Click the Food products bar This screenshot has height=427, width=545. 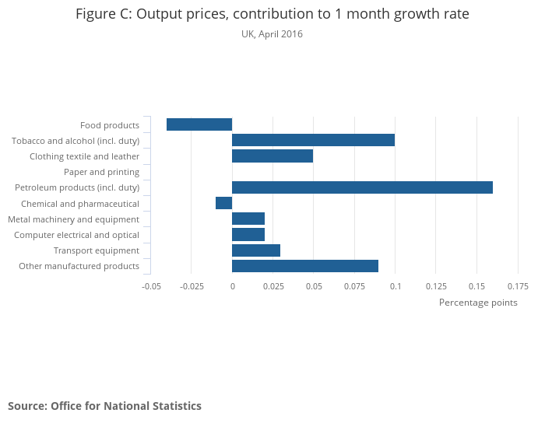[199, 124]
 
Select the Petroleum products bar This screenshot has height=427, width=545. [362, 187]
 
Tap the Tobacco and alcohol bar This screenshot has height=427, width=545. [313, 140]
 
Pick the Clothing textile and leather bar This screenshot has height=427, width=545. [272, 156]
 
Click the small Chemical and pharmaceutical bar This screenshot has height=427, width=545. [224, 203]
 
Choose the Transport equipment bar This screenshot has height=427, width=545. [256, 250]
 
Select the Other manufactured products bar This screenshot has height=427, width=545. [305, 266]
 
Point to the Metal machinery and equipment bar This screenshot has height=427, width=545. [248, 219]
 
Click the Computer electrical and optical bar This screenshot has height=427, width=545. [248, 235]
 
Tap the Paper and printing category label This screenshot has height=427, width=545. [101, 172]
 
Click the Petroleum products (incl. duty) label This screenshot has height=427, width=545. [77, 187]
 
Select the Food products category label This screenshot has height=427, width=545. [110, 125]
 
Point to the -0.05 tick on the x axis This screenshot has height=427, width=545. [151, 286]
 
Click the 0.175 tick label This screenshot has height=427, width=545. [517, 286]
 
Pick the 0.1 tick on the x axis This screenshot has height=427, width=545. [395, 286]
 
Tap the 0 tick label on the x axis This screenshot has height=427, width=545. [232, 286]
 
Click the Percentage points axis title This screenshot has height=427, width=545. [478, 303]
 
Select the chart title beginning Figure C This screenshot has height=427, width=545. [272, 15]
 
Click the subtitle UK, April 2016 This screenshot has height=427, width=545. [272, 34]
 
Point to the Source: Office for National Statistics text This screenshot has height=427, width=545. [104, 406]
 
